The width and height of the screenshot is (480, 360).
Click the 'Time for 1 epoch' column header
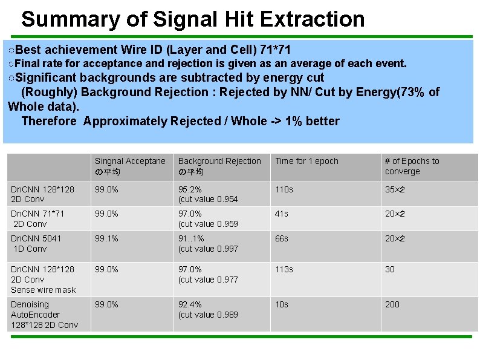pos(306,161)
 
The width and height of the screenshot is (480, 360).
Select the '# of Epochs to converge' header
pos(412,166)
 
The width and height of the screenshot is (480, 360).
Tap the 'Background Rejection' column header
pos(219,166)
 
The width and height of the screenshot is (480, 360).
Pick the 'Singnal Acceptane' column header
pos(129,166)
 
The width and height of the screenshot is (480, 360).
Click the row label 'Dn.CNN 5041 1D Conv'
pos(36,243)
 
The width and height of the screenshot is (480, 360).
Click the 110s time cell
pos(284,189)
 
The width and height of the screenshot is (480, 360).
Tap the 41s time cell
pos(281,214)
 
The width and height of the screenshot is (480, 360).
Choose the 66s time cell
pos(281,238)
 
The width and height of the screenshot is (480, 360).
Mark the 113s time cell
pos(284,269)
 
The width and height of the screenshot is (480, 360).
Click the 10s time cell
pos(281,304)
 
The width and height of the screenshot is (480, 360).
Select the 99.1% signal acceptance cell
pos(106,238)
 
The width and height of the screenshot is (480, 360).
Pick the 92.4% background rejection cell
pos(207,309)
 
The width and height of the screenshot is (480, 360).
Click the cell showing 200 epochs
pos(392,304)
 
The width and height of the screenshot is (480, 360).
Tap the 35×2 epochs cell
pos(395,189)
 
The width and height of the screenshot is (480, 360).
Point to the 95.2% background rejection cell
pos(207,194)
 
